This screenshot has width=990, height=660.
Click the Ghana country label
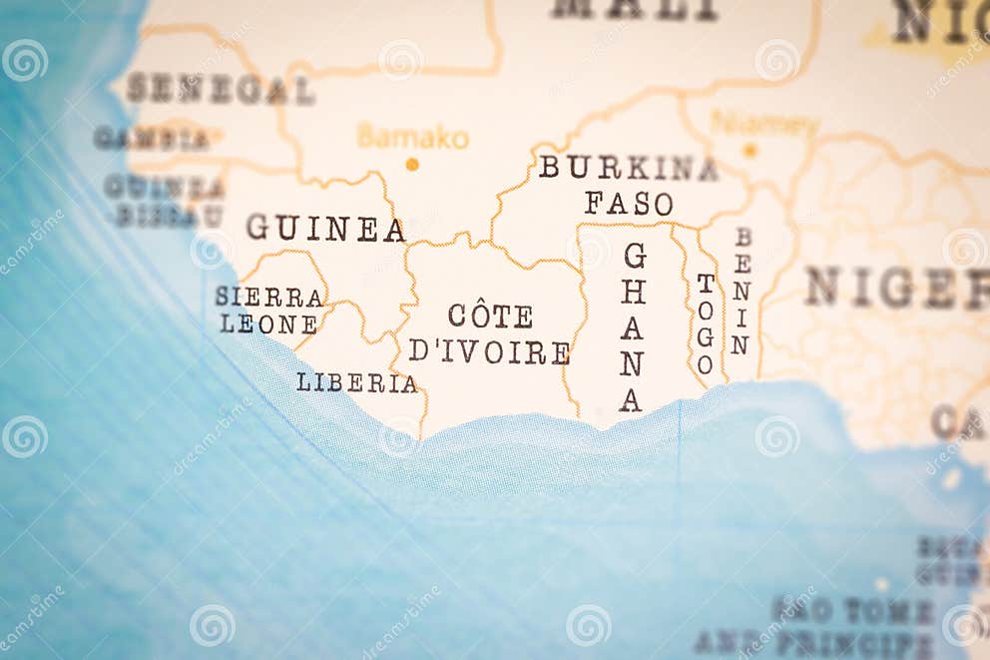632,328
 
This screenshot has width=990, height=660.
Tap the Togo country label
706,324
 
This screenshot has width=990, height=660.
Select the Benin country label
741,291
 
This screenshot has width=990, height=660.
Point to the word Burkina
628,168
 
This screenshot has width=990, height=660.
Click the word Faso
629,204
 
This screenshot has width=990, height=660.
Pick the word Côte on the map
490,317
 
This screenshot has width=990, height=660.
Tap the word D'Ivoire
489,351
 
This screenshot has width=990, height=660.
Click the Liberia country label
356,382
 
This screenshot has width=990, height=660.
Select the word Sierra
269,297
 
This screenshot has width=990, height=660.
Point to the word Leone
268,325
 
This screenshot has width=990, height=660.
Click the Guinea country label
325,229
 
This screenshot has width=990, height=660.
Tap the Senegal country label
220,89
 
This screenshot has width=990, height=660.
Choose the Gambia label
152,139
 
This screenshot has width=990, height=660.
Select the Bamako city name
412,137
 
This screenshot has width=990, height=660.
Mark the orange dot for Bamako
412,164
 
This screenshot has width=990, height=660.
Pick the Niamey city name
763,125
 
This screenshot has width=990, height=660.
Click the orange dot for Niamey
750,150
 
